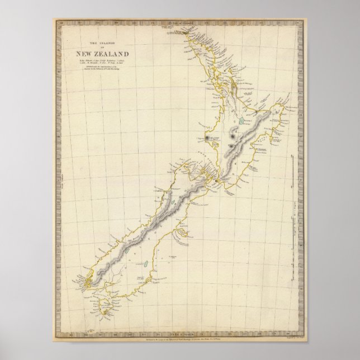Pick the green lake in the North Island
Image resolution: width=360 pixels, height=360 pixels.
coord(240,121)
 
